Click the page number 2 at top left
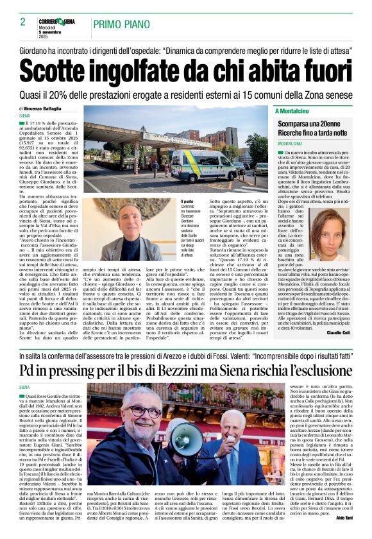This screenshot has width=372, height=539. (x=22, y=22)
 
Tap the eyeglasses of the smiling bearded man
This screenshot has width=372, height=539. (x=142, y=411)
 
